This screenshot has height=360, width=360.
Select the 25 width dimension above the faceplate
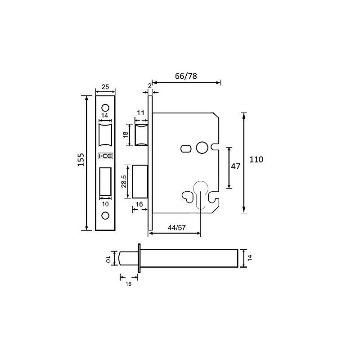[x=106, y=87]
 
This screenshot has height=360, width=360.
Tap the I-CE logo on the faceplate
[x=106, y=157]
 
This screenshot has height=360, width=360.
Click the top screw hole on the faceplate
[x=106, y=108]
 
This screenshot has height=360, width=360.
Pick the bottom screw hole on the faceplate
[x=106, y=216]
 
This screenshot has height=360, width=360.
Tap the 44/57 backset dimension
[x=176, y=227]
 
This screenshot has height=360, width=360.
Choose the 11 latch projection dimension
[x=140, y=112]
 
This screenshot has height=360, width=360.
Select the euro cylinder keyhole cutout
[x=200, y=193]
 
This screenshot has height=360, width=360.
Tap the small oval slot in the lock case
[x=185, y=148]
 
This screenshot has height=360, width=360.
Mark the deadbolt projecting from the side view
[x=140, y=182]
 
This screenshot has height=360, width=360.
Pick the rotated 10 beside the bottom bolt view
[x=108, y=259]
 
